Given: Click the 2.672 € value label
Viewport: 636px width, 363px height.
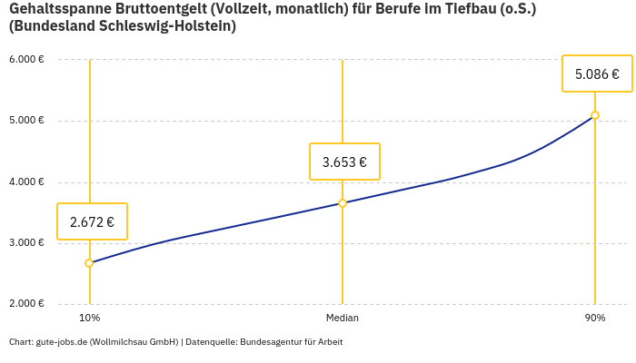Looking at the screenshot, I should click(92, 221).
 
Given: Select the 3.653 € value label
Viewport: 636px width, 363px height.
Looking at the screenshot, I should click(344, 162).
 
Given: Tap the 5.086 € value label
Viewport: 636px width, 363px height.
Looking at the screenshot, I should click(597, 74).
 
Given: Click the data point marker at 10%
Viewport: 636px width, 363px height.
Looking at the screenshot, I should click(89, 263).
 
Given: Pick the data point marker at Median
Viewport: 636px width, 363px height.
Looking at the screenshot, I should click(343, 203).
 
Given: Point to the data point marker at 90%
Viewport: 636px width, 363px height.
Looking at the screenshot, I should click(595, 115).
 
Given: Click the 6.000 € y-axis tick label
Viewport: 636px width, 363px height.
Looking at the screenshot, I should click(26, 60).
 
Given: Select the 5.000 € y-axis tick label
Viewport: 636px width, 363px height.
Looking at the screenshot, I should click(26, 121).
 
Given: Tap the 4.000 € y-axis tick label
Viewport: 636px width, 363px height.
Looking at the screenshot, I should click(26, 182).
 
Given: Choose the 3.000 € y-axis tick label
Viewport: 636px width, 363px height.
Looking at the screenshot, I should click(26, 243).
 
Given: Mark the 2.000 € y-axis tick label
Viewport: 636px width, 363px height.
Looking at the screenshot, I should click(26, 304).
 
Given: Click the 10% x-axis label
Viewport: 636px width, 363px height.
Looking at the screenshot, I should click(89, 319).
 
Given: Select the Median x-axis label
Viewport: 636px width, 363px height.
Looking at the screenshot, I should click(343, 319).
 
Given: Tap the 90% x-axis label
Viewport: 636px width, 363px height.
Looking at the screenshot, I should click(595, 319).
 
